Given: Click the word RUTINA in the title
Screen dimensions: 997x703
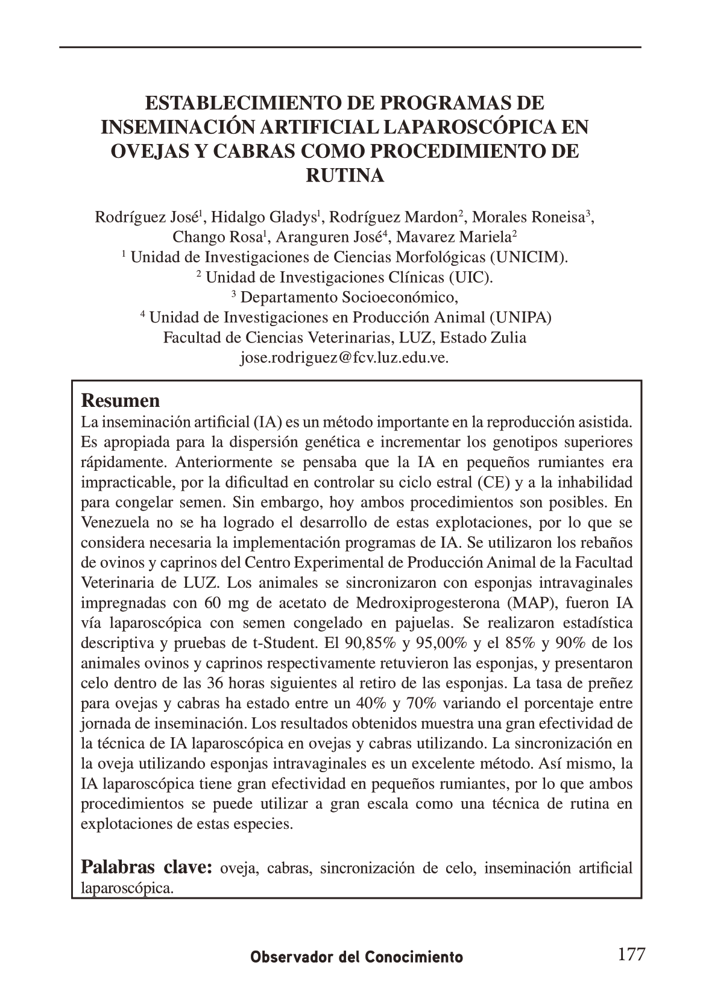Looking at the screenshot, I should (345, 176).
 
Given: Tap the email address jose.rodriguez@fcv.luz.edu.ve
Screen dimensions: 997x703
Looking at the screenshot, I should (344, 357).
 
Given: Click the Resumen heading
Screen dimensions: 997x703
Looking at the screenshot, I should (121, 401).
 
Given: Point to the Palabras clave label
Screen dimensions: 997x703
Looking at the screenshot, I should (147, 867).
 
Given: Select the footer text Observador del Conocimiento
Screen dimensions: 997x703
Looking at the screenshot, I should (356, 957).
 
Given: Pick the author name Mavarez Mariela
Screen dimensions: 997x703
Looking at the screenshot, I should (453, 237).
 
